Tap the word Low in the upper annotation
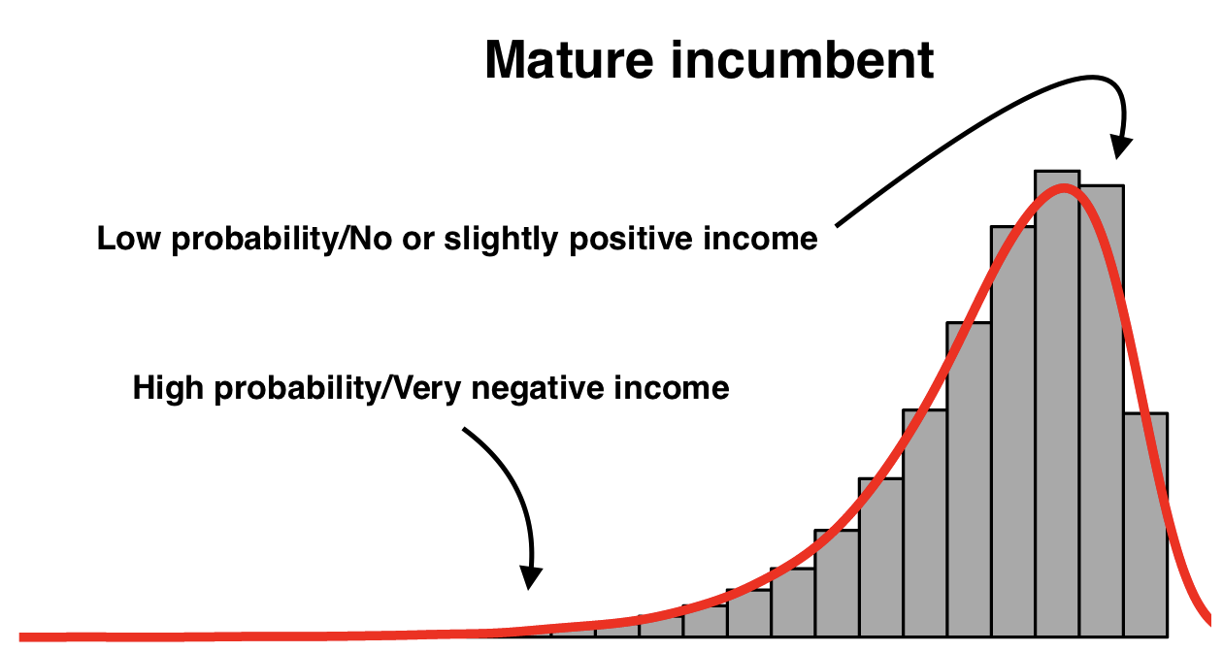pyautogui.click(x=129, y=239)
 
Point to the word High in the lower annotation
pyautogui.click(x=168, y=388)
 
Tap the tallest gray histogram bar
pyautogui.click(x=1058, y=404)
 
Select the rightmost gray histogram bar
pyautogui.click(x=1146, y=525)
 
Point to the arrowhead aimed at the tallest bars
pyautogui.click(x=1120, y=147)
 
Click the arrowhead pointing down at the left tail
pyautogui.click(x=530, y=577)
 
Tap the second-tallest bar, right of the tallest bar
pyautogui.click(x=1102, y=411)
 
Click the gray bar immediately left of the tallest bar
pyautogui.click(x=1012, y=432)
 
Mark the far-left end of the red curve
pyautogui.click(x=20, y=637)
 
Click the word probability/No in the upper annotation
pyautogui.click(x=281, y=240)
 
